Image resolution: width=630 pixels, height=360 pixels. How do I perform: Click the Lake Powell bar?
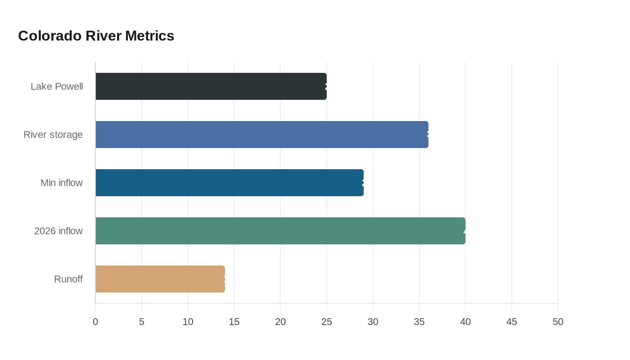click(211, 86)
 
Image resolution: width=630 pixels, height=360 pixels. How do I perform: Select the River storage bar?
click(262, 135)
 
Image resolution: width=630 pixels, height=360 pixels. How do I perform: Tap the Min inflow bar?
click(229, 183)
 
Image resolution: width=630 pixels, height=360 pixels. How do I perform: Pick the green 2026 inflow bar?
click(280, 231)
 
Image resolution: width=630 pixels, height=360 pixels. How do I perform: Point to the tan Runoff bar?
click(160, 279)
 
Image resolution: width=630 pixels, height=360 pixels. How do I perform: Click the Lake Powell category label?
click(57, 86)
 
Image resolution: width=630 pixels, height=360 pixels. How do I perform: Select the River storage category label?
click(53, 135)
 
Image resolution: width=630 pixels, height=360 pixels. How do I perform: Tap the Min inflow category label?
click(62, 183)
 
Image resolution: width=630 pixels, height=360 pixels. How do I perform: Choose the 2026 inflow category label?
click(58, 231)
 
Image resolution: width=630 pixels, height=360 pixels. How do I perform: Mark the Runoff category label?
click(68, 279)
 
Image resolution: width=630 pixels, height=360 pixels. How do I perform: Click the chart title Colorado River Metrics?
click(96, 36)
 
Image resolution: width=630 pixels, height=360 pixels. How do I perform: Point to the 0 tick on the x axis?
click(95, 322)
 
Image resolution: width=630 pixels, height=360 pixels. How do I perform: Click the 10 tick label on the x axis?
click(188, 322)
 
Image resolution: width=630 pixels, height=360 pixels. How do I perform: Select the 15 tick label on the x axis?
click(234, 322)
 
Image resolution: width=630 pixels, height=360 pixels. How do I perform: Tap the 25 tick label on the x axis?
click(327, 322)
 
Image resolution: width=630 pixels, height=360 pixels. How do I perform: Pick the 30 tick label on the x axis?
click(373, 322)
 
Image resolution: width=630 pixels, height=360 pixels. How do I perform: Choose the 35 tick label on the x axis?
click(419, 322)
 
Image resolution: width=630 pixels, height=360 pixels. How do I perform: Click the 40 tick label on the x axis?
click(465, 322)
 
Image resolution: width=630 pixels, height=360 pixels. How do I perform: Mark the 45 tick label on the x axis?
click(512, 322)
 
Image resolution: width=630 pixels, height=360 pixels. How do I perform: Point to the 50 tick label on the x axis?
click(558, 322)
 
